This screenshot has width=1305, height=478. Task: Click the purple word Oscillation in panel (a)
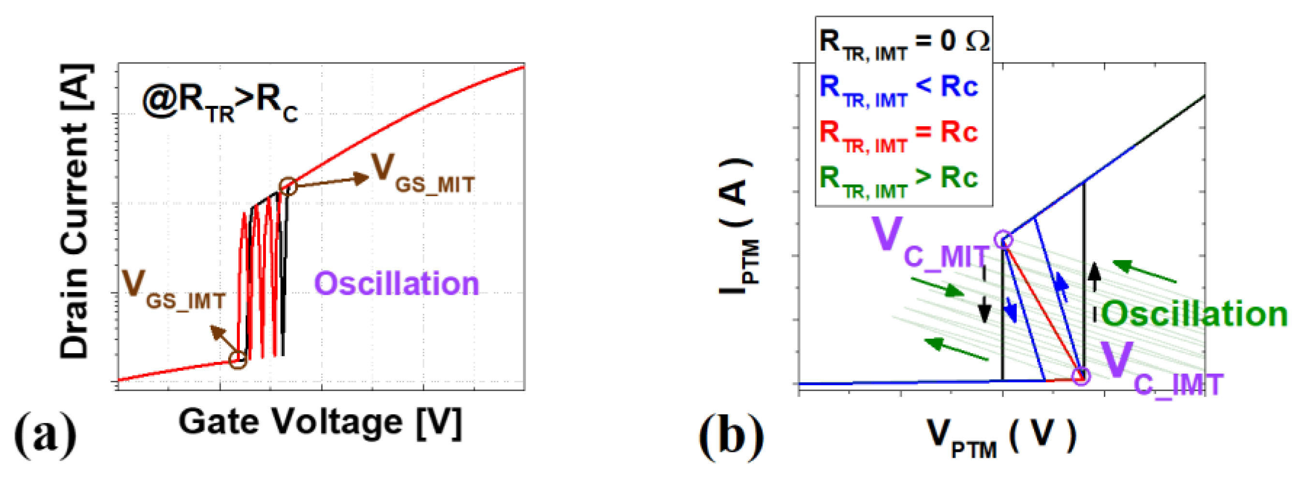click(396, 284)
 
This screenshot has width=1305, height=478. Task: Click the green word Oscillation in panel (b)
click(1194, 315)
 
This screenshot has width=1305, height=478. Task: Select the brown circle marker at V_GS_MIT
click(288, 187)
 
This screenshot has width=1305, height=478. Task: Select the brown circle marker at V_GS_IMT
click(237, 360)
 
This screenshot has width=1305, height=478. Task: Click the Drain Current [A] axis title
click(76, 211)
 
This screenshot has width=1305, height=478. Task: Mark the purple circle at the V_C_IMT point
click(1081, 376)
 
